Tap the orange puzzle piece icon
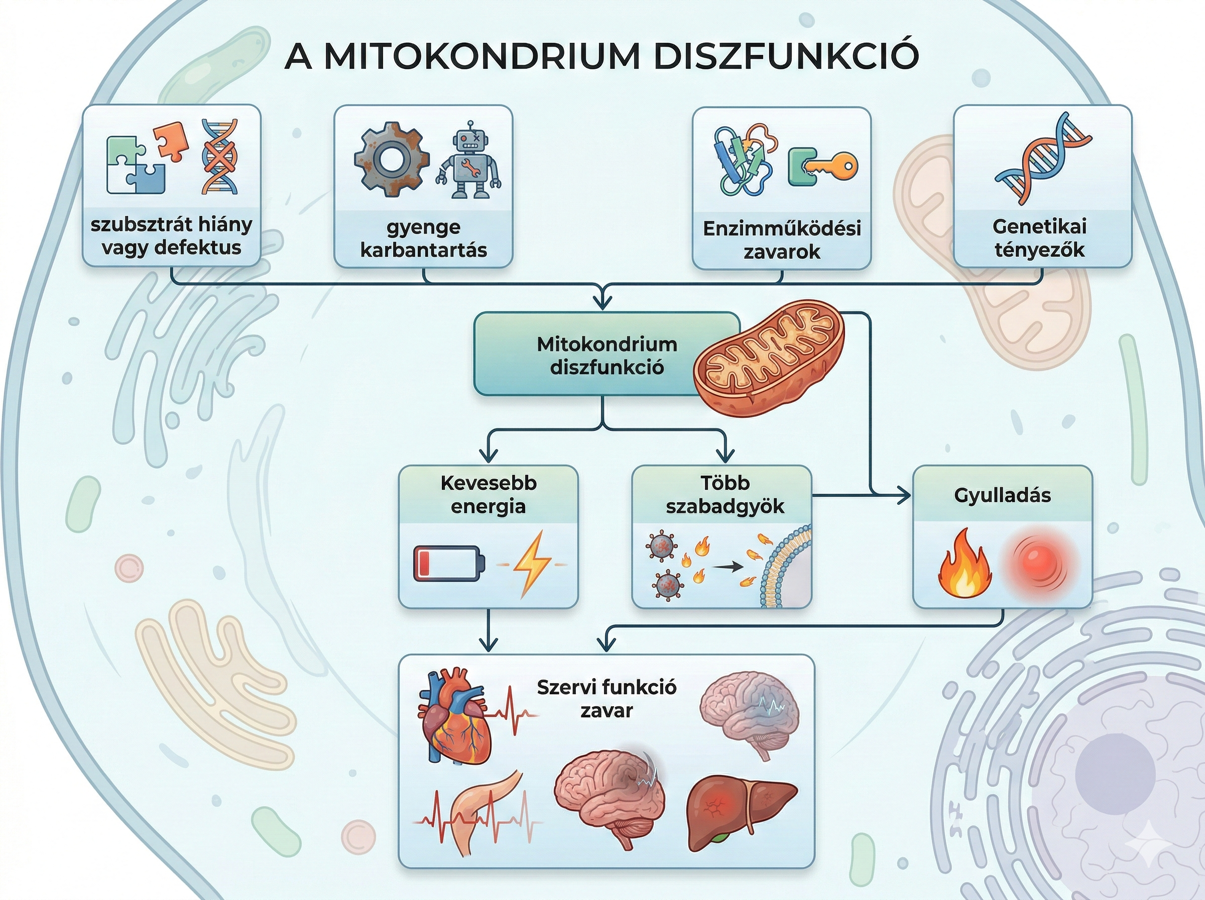pos(170,141)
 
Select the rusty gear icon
pos(391,159)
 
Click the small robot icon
pos(469,160)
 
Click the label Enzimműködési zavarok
pos(781,240)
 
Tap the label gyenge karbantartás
pos(423,238)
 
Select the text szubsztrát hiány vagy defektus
pos(171,236)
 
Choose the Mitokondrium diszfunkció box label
pos(607,355)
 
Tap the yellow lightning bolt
pos(533,564)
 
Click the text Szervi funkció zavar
pos(607,699)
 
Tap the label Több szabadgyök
pos(725,495)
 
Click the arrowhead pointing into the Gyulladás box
pos(904,495)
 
